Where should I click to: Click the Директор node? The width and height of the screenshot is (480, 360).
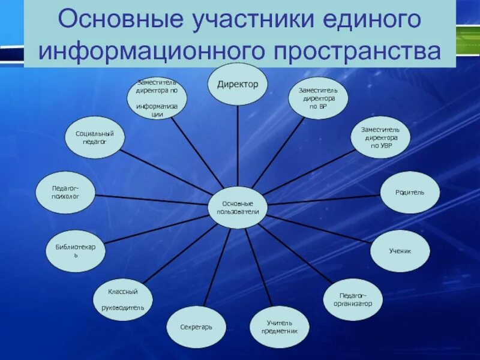238,84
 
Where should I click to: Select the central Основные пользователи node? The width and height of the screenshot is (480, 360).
238,207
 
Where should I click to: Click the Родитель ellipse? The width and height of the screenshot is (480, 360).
410,192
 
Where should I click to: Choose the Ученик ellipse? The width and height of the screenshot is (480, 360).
400,251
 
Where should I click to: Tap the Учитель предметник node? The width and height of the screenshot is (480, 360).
279,326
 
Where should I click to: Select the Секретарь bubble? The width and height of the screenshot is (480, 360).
196,327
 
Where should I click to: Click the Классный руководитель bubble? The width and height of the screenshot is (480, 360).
122,299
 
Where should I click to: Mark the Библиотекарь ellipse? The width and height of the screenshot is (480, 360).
76,251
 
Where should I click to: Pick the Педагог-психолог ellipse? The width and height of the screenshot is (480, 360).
65,192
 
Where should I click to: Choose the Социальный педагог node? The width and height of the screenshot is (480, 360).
94,137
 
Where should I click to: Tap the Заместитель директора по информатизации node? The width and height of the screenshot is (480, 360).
157,98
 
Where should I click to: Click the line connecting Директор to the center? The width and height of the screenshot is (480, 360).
238,144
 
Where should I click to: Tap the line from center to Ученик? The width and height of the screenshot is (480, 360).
318,228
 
